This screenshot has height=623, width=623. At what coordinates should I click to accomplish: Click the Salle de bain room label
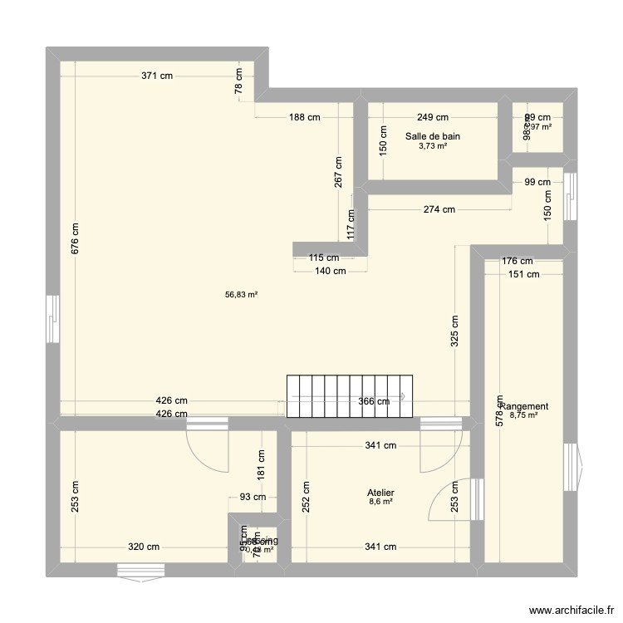coord(432,136)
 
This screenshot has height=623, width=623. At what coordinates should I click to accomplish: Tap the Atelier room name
coord(382,493)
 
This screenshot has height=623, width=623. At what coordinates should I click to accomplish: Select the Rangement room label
coord(525,406)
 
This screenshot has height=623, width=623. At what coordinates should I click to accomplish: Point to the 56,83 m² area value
coord(242,294)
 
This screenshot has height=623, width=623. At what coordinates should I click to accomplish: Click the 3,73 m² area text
coord(432,146)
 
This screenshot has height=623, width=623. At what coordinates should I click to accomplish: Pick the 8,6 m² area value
coord(382,503)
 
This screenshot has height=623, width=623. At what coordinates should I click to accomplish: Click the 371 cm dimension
coord(157,76)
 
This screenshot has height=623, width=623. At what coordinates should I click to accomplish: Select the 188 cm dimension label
coord(304,117)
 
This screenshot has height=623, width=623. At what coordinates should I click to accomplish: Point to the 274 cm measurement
coord(439,209)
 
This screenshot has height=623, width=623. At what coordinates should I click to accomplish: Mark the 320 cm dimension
coord(144,547)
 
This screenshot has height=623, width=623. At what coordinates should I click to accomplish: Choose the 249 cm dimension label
coord(432,117)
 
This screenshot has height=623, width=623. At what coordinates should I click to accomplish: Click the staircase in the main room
coord(349,396)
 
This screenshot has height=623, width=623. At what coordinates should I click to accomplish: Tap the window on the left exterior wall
coord(52,318)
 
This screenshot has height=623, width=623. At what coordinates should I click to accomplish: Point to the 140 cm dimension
coord(330,271)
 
